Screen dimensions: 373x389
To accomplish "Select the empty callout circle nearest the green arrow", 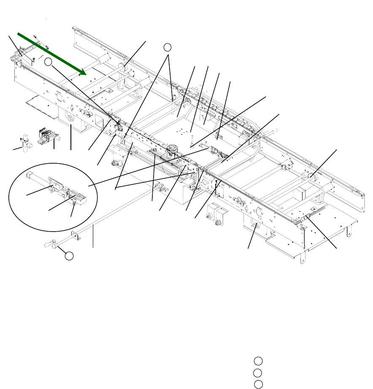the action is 49,62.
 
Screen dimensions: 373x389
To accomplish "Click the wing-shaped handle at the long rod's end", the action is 50,243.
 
